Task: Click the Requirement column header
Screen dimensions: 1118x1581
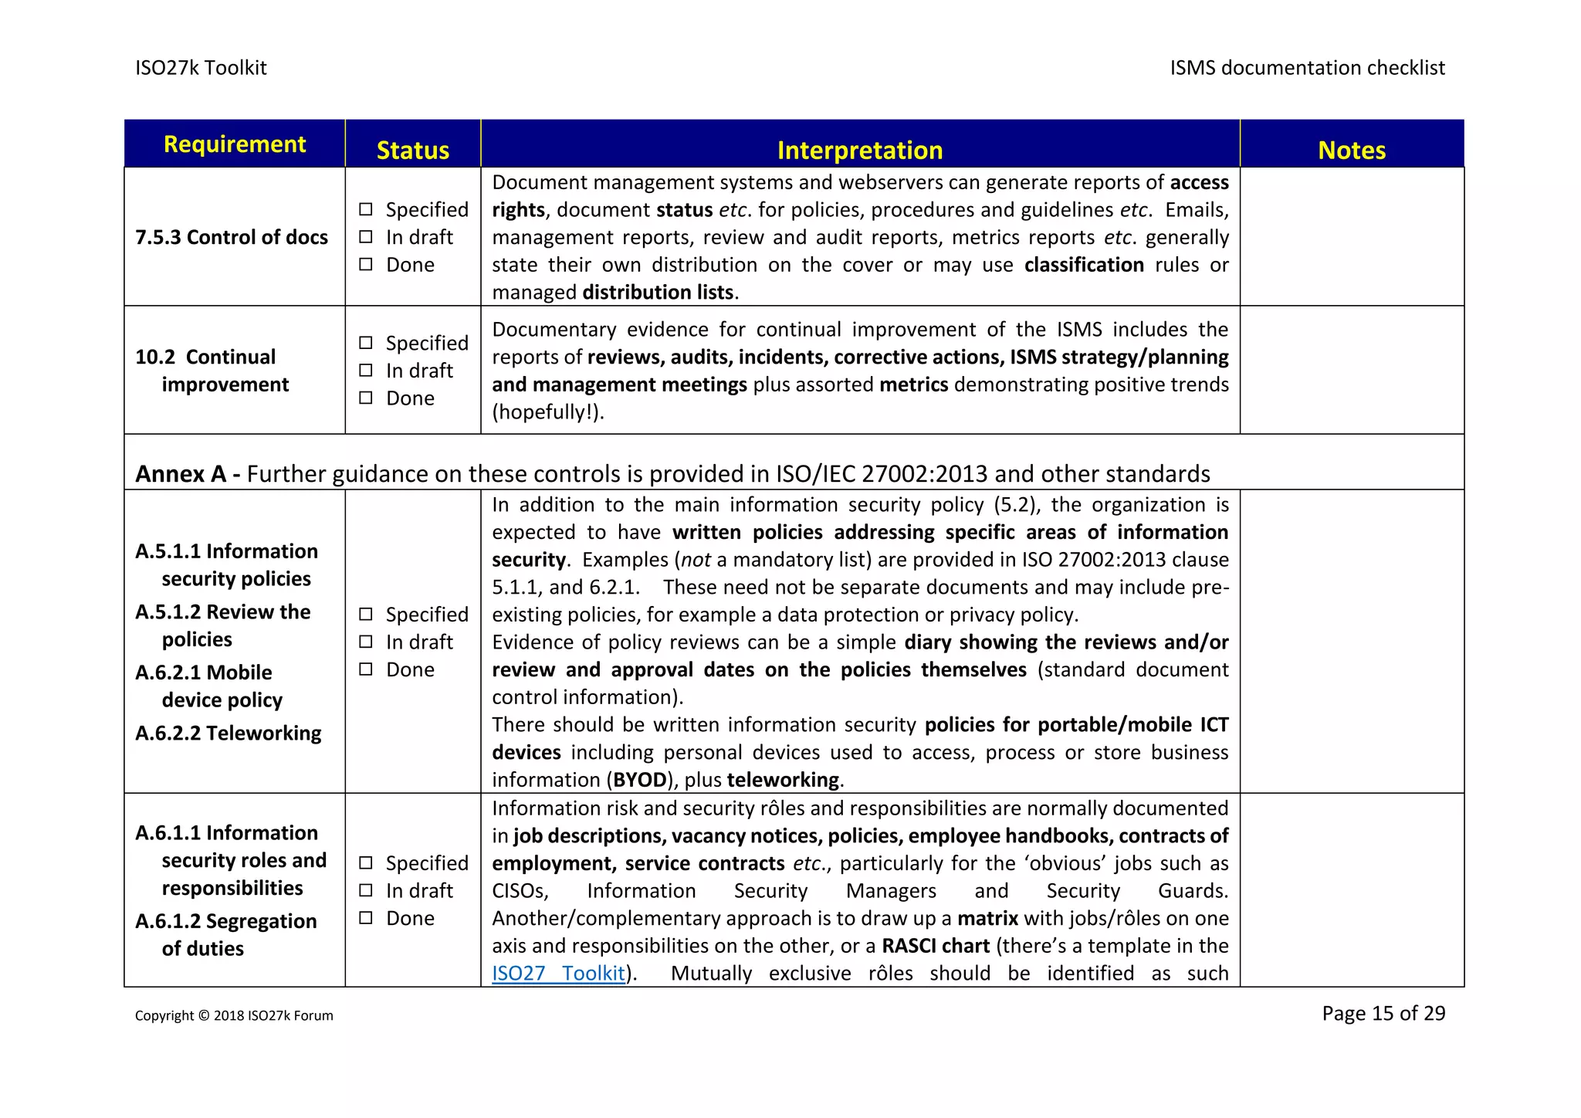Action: [x=235, y=144]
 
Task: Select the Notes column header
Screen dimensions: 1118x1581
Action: [x=1351, y=150]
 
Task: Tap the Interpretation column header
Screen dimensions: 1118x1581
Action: [x=859, y=150]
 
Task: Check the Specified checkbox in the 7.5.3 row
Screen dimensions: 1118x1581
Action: [x=366, y=209]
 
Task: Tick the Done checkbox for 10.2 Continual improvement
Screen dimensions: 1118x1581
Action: [x=366, y=398]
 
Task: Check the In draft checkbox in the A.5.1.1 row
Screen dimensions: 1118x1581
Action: [x=366, y=642]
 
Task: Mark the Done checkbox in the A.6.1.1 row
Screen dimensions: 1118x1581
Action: [x=366, y=917]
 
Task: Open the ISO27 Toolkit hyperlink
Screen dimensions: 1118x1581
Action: [x=558, y=973]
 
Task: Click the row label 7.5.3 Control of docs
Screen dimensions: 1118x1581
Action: [x=232, y=237]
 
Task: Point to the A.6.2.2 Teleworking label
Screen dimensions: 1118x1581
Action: [x=229, y=733]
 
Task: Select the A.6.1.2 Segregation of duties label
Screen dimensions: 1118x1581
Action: [x=225, y=934]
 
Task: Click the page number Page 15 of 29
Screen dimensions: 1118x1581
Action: [x=1383, y=1013]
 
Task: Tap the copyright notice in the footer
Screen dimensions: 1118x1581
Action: [x=234, y=1015]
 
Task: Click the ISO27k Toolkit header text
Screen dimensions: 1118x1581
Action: [x=201, y=68]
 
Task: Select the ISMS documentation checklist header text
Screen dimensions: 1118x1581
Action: [x=1307, y=68]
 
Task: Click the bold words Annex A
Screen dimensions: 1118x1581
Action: [x=180, y=473]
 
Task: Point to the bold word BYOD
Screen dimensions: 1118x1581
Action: [x=640, y=780]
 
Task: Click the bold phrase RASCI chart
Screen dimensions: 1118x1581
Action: [x=936, y=946]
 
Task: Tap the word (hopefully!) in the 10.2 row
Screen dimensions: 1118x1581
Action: [x=547, y=412]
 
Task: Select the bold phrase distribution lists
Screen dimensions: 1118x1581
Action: [x=658, y=292]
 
